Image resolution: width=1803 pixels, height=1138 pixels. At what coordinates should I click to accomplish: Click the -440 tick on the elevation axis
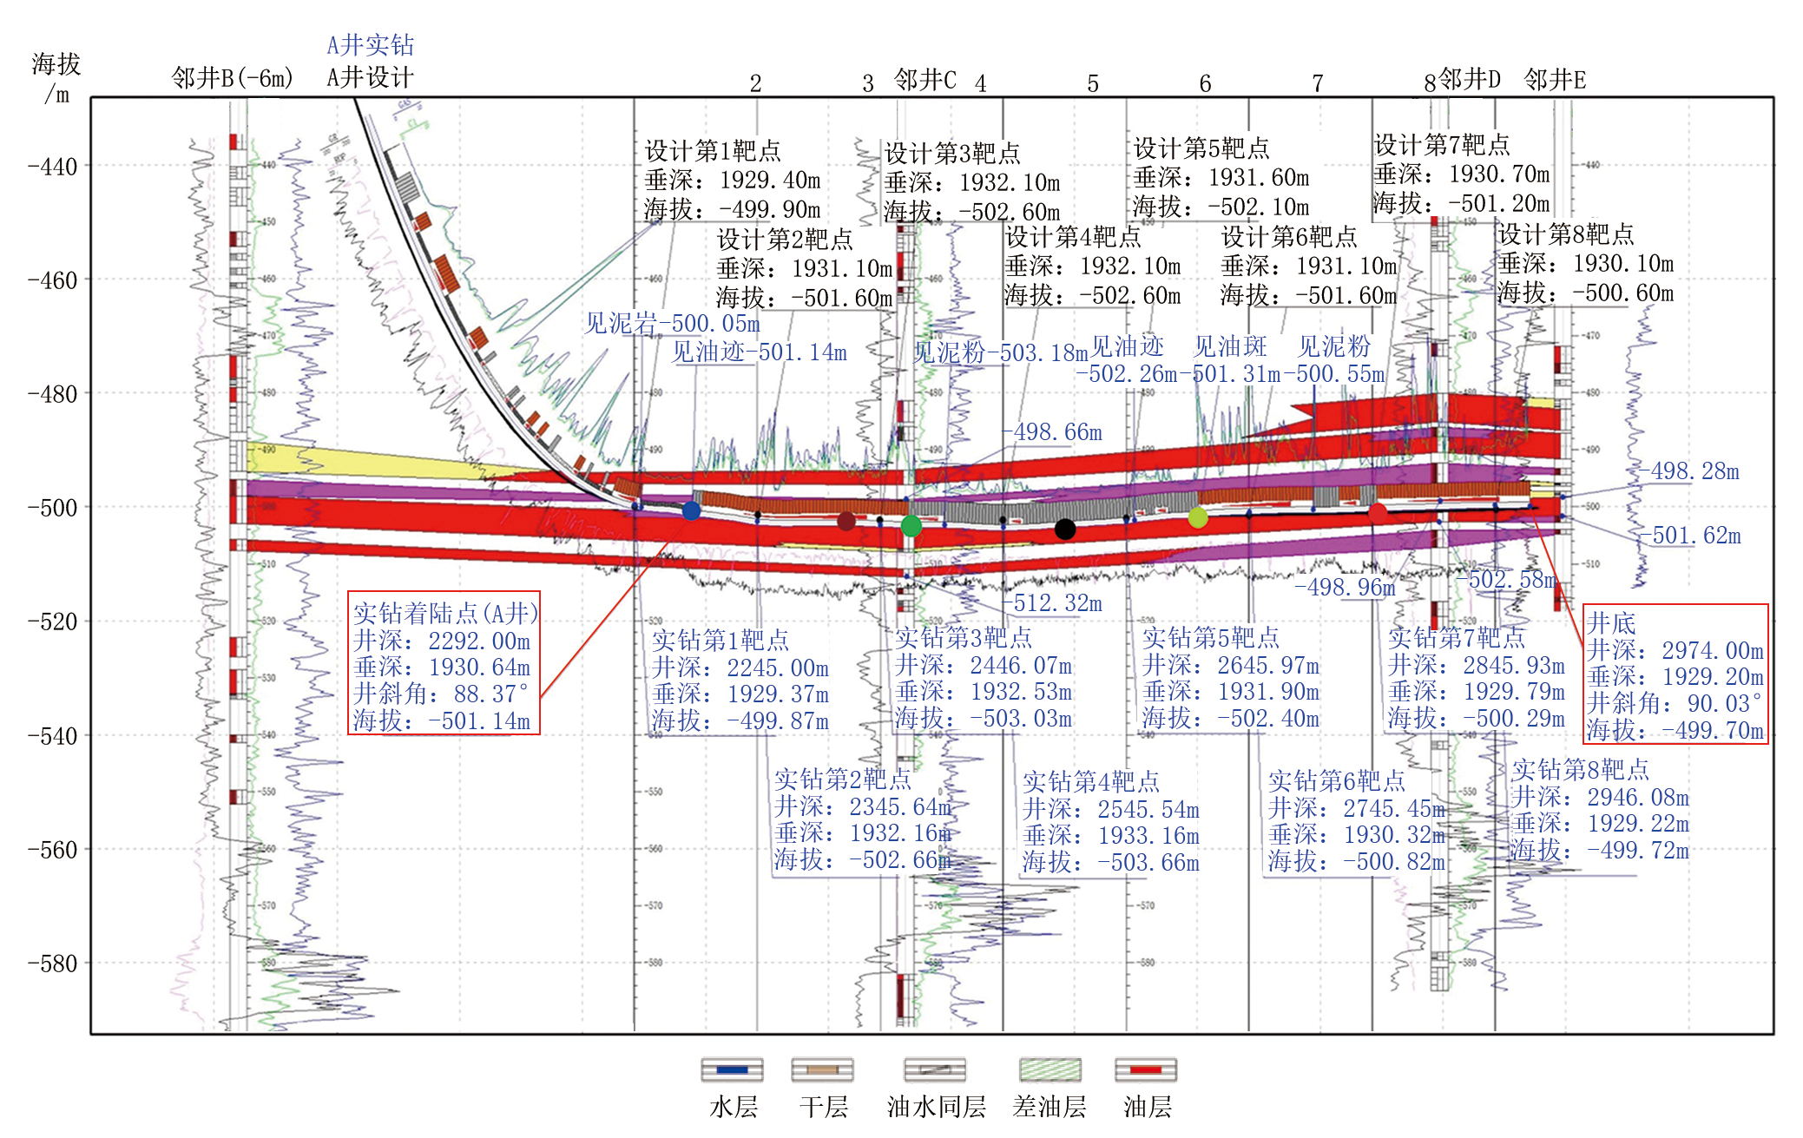point(53,166)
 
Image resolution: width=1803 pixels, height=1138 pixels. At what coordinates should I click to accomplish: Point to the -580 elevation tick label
point(53,963)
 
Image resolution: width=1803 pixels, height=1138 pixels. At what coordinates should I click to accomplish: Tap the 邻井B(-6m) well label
point(233,78)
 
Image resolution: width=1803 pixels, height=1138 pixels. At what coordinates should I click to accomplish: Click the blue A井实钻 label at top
point(371,45)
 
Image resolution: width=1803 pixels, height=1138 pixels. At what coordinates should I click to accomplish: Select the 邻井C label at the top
point(925,81)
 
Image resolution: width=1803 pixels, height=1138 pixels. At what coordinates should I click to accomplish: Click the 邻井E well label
point(1555,81)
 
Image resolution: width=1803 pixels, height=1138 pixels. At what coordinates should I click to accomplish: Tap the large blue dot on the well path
point(691,510)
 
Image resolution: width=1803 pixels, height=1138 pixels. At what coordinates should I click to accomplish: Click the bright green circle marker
point(911,525)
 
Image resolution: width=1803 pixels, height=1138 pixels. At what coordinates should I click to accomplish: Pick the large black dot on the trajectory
point(1065,529)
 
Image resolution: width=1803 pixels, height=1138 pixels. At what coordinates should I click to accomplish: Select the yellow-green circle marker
point(1198,518)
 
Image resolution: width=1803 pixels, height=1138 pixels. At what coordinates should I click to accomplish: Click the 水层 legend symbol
point(733,1069)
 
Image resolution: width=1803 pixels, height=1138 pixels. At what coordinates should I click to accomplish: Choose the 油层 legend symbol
point(1145,1069)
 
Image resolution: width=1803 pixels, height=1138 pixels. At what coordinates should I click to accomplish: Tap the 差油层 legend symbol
point(1050,1069)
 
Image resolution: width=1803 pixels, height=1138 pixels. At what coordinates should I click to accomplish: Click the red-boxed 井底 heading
point(1611,622)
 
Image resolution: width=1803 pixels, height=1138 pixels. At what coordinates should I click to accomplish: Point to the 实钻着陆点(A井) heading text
point(445,613)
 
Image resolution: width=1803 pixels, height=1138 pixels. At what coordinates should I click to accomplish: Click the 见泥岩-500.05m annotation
point(672,324)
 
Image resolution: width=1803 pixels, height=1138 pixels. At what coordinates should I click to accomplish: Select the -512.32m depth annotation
point(1056,602)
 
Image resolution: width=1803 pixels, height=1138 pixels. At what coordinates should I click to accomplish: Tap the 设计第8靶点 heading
point(1566,234)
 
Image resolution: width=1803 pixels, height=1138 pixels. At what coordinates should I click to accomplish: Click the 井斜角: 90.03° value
point(1675,703)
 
